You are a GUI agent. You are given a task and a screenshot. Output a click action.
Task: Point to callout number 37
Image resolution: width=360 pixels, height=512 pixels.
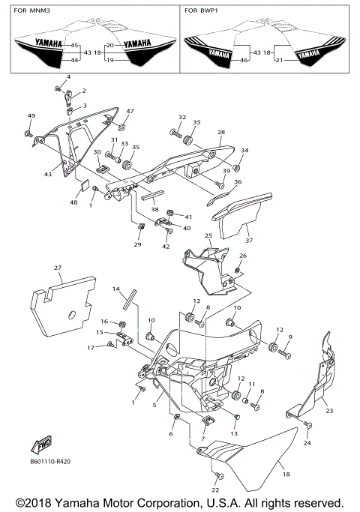250,241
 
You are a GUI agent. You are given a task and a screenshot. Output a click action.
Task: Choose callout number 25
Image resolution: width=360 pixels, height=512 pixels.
208,236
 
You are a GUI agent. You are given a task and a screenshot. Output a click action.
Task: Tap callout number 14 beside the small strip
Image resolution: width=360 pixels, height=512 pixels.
116,289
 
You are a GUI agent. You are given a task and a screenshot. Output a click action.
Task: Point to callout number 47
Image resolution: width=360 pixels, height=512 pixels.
130,111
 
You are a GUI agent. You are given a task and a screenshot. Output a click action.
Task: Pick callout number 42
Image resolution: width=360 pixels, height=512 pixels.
166,245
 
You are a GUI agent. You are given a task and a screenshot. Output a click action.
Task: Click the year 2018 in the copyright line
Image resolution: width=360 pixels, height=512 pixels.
40,502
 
